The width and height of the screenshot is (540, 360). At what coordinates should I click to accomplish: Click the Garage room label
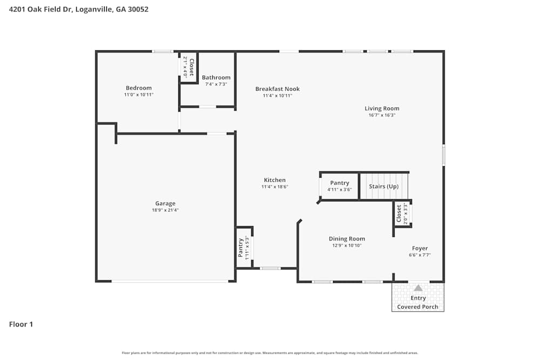165,203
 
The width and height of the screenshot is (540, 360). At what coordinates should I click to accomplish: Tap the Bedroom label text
139,88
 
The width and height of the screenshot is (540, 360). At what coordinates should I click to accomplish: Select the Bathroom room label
216,78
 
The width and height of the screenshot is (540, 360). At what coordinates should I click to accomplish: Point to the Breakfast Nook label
278,89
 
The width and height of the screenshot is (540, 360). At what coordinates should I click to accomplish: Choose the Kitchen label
275,180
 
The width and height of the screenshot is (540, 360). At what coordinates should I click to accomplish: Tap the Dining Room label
347,239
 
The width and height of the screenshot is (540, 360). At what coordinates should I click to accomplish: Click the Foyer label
420,248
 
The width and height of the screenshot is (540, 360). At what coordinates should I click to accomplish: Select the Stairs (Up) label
384,186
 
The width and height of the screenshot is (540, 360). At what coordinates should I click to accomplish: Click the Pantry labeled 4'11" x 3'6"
340,183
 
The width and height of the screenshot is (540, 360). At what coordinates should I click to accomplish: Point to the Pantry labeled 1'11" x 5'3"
241,247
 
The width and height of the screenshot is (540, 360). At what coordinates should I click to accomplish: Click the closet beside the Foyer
399,213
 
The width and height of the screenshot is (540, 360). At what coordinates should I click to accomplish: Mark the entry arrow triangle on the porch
418,288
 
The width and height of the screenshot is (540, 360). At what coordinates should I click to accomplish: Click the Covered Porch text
418,307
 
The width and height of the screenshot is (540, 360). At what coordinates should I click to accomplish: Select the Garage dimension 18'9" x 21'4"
165,210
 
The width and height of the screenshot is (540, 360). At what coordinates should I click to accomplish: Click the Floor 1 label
21,324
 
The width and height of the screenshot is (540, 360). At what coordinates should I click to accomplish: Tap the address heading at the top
79,9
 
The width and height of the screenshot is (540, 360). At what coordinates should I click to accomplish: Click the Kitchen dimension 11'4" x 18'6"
275,187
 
